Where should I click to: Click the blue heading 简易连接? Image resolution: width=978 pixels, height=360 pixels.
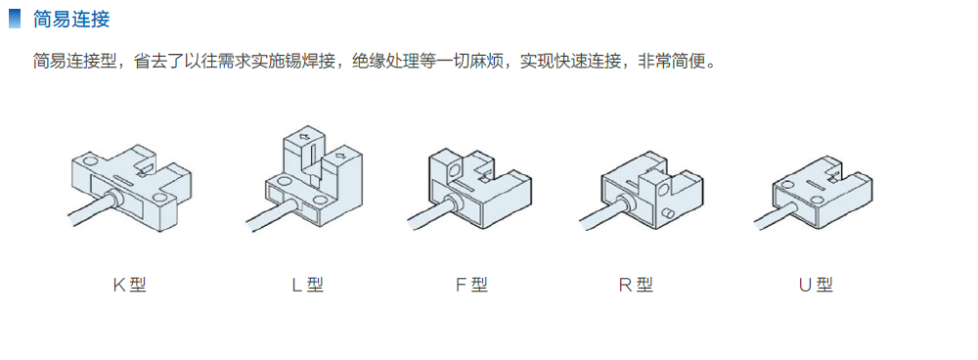(x=71, y=19)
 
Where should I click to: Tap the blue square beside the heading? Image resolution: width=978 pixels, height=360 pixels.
(x=15, y=19)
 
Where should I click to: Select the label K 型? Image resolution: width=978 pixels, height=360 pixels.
(x=129, y=285)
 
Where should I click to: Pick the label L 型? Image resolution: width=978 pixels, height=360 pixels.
(x=307, y=285)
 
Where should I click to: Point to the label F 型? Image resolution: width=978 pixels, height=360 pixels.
(x=471, y=285)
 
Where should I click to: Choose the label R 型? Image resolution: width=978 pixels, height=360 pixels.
(x=636, y=285)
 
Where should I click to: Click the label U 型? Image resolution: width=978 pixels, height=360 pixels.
(x=816, y=285)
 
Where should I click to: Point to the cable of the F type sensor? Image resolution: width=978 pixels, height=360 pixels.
(x=430, y=214)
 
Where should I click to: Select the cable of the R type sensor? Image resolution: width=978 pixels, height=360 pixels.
(x=602, y=214)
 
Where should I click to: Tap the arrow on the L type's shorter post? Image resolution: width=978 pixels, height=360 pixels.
(x=340, y=155)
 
